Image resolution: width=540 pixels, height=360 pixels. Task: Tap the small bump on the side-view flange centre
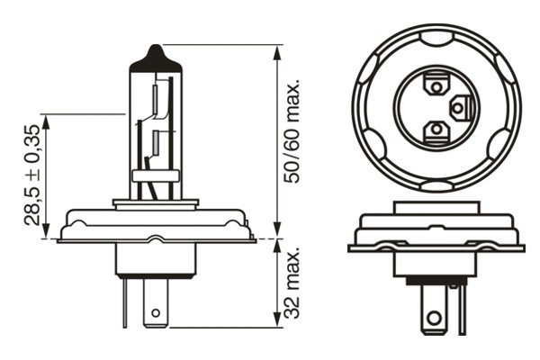(x=156, y=238)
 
